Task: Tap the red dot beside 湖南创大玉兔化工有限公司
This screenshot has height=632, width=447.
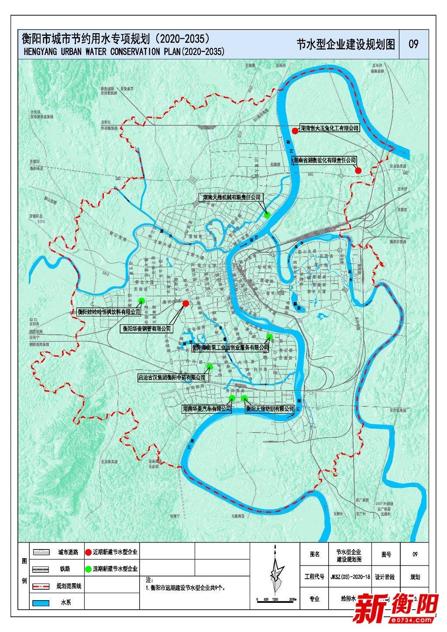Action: click(295, 130)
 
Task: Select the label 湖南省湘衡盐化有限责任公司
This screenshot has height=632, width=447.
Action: click(325, 161)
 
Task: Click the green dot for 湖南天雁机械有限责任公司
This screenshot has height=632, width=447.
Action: click(267, 215)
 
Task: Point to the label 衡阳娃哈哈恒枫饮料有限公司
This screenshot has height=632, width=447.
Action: click(109, 312)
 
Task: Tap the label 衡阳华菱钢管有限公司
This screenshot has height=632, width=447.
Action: click(146, 329)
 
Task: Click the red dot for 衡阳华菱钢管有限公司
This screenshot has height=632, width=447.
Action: click(186, 303)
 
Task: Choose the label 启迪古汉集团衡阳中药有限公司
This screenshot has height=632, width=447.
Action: click(171, 377)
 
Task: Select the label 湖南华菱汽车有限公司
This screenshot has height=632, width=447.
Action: click(206, 409)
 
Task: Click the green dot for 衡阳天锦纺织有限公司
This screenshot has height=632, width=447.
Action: click(245, 398)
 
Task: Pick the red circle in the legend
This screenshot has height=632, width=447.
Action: click(88, 552)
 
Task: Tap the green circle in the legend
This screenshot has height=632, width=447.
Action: click(88, 569)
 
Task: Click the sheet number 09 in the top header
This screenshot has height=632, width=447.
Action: click(413, 44)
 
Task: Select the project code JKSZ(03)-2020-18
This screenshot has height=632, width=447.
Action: click(350, 577)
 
